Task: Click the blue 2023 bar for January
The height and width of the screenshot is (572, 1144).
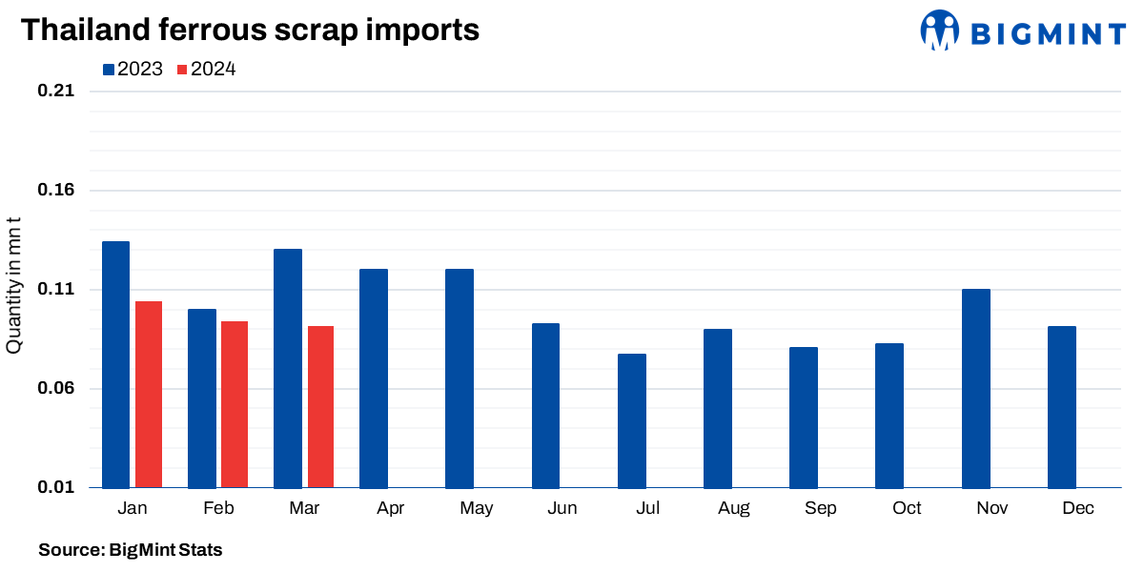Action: point(115,365)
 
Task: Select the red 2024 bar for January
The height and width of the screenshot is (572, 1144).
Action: point(149,395)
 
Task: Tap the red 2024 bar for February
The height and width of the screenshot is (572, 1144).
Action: point(235,405)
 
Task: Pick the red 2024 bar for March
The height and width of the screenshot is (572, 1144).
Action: point(320,407)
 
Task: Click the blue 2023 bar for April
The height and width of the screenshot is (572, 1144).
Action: point(374,378)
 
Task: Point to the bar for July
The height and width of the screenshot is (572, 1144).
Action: point(632,421)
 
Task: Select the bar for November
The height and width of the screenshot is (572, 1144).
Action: point(976,389)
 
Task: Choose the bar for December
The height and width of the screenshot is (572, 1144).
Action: point(1062,407)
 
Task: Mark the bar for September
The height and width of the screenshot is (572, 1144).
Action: point(804,418)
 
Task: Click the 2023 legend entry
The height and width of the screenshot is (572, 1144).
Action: point(133,69)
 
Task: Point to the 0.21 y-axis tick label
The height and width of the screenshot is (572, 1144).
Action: point(55,92)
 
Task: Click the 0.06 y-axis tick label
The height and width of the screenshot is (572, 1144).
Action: point(55,389)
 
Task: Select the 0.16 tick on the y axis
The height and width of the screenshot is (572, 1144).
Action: point(55,191)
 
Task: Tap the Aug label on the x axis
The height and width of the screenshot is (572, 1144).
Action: point(734,508)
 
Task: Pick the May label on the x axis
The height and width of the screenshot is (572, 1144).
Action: point(476,508)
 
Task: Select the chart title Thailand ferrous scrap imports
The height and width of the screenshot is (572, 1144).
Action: point(250,30)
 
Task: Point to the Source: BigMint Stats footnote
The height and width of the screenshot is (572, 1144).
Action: point(130,550)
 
